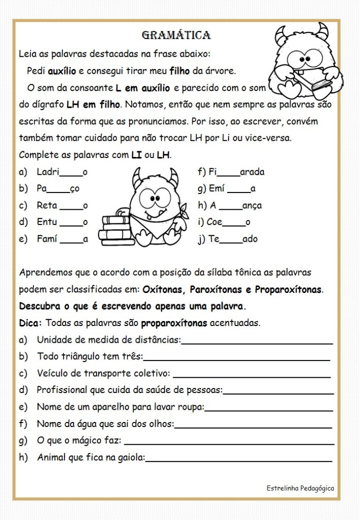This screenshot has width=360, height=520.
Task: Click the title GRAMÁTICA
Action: point(176,35)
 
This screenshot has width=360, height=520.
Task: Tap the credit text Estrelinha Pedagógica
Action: point(300,488)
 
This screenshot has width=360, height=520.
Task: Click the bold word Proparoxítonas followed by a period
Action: point(288,290)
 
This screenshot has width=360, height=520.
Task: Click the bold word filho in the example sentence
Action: point(181,71)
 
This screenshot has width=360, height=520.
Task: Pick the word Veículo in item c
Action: point(52,374)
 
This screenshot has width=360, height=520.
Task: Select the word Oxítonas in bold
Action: point(164,290)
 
